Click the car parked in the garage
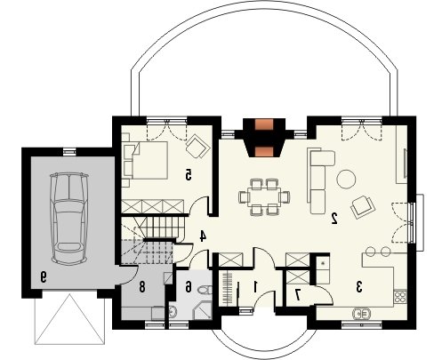pos(69,219)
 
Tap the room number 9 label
pos(43,277)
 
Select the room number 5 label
pos(189,174)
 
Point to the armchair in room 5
pos(197,146)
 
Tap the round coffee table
pos(346,179)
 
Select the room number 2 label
pos(334,218)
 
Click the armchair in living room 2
pos(363,207)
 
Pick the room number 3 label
pos(359,287)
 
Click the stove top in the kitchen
pos(400,298)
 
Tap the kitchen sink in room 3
pos(362,314)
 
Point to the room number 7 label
pos(297,294)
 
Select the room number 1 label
pos(255,286)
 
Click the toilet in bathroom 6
pos(205,289)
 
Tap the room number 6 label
pos(189,287)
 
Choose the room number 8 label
pos(142,287)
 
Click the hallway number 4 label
pos(203,236)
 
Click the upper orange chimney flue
pos(264,124)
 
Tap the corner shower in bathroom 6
pos(203,310)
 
